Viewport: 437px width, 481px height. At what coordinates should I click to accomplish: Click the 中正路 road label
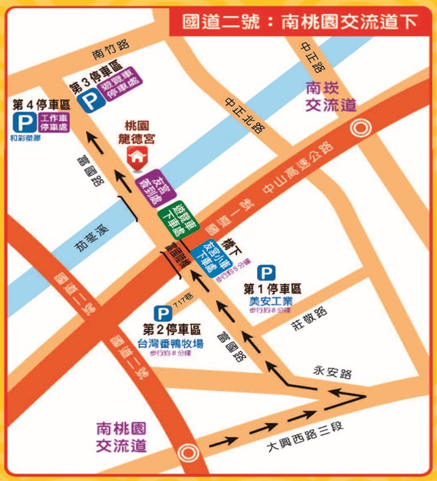click(311, 57)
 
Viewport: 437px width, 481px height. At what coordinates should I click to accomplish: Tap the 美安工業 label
click(270, 301)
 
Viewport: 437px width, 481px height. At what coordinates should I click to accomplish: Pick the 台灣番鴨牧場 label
click(171, 343)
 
